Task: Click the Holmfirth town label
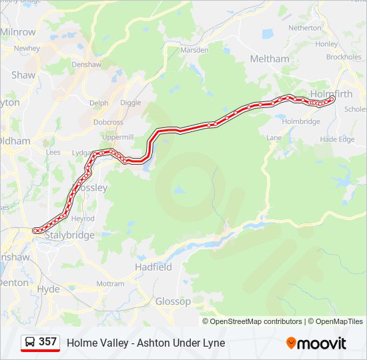tap(331, 93)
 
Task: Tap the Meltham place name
tap(270, 59)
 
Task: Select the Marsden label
tap(195, 50)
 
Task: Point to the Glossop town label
tap(173, 301)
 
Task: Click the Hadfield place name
tap(153, 267)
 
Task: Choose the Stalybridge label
tap(69, 235)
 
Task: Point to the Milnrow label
tap(18, 32)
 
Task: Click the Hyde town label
tap(49, 289)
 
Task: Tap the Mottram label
tap(110, 283)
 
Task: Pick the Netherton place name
tap(304, 28)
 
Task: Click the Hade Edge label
tap(337, 139)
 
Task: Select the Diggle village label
tap(130, 103)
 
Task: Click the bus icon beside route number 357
tap(30, 342)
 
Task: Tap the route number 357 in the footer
tap(47, 342)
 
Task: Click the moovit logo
tap(316, 343)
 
